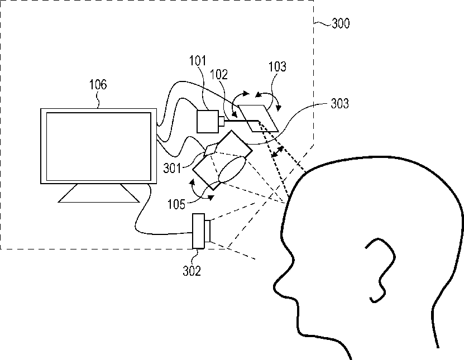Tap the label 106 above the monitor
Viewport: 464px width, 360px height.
click(98, 85)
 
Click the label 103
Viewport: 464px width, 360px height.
click(277, 68)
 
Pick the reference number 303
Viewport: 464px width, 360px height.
click(339, 103)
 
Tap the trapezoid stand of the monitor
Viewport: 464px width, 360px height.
click(98, 193)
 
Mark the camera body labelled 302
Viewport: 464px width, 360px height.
click(199, 231)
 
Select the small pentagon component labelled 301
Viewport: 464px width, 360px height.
click(213, 149)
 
